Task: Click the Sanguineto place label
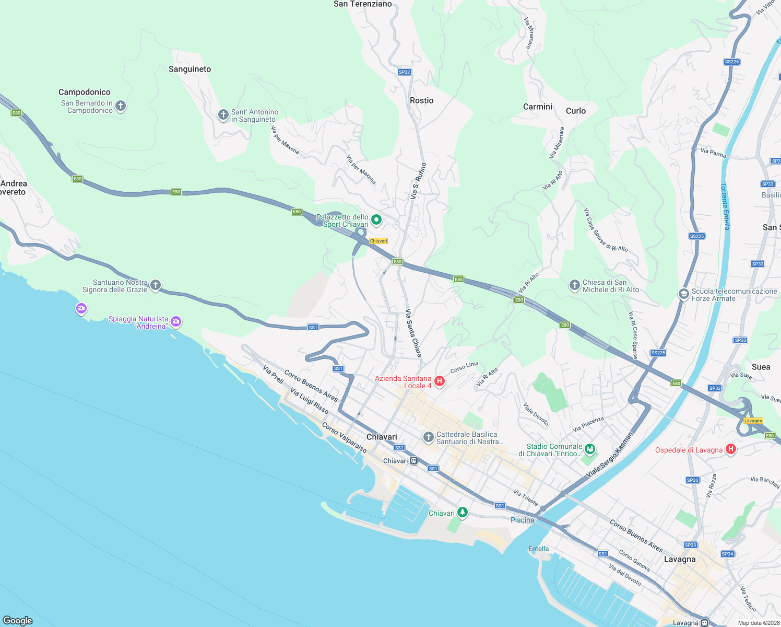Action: [x=190, y=69]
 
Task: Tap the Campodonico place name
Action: [x=84, y=92]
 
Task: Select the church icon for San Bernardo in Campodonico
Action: [x=121, y=106]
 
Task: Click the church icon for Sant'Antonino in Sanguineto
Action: [x=223, y=115]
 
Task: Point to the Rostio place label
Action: [x=421, y=100]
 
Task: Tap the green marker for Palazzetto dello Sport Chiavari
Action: [x=376, y=219]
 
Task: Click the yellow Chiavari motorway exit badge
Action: [x=378, y=241]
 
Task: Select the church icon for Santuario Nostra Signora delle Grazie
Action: [x=156, y=285]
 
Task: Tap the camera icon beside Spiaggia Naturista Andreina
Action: [x=176, y=321]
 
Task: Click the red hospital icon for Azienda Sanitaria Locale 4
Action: [x=440, y=381]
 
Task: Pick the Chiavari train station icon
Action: [x=413, y=461]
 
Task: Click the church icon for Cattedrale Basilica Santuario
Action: [x=428, y=437]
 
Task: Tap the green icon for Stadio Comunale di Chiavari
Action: [x=590, y=449]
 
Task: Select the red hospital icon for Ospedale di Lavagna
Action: [x=731, y=449]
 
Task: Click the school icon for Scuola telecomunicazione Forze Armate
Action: [x=683, y=294]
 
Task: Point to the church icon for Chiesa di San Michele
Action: [x=574, y=285]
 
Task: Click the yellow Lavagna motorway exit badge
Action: [x=753, y=421]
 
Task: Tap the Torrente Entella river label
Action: [x=725, y=206]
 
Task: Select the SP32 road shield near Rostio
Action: [x=404, y=72]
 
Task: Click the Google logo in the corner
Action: [x=18, y=620]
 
